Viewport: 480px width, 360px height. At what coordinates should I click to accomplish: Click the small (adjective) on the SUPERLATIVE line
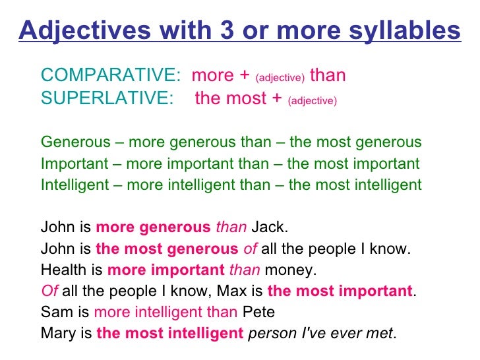[313, 101]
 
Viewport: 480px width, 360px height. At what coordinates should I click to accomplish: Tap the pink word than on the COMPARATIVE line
[328, 75]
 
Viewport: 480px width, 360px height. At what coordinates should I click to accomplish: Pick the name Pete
[258, 312]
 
